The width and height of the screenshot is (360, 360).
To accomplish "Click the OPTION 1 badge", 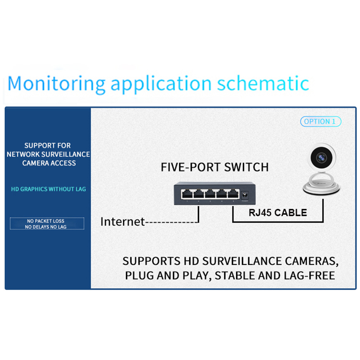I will (x=320, y=122).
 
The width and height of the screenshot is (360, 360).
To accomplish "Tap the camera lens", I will (x=321, y=157).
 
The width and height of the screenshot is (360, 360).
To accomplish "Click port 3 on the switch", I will (x=210, y=194).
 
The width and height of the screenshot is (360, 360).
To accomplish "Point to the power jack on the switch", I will (x=246, y=194).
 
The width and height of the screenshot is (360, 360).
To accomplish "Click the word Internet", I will (x=122, y=221).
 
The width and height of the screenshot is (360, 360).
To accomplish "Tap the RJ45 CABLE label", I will (x=278, y=212).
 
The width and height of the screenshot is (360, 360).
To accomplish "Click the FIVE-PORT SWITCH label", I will (x=215, y=167).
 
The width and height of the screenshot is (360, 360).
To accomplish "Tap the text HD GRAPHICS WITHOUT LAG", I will (x=49, y=189).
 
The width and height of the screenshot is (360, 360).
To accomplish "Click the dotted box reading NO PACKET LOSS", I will (x=47, y=224).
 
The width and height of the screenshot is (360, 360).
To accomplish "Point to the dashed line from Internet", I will (x=171, y=222).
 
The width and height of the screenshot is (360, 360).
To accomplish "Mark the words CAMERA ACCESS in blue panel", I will (x=49, y=163).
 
